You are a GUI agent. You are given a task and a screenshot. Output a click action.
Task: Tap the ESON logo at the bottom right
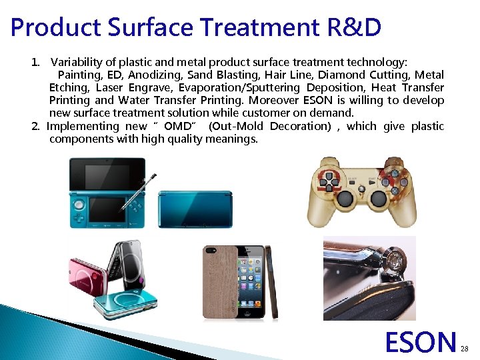point(420,343)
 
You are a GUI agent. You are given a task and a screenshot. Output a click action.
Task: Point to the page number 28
point(465,349)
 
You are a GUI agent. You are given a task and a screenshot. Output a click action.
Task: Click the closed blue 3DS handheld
point(194,209)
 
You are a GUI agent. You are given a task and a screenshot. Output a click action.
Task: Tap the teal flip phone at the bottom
point(125,301)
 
